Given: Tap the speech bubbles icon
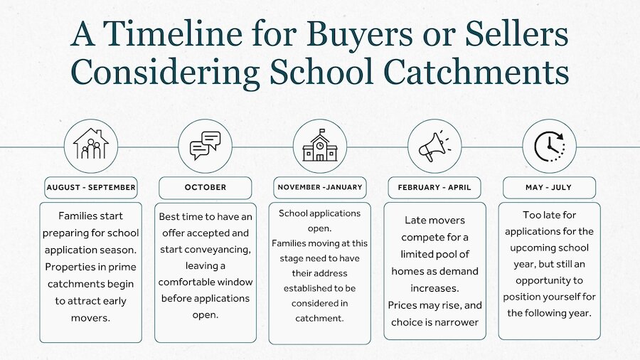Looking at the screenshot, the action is click(206, 145).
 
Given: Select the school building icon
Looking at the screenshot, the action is click(320, 145).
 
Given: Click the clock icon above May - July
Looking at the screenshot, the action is click(550, 146).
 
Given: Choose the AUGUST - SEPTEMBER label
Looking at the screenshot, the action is click(91, 187).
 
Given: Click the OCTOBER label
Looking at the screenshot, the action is click(206, 187).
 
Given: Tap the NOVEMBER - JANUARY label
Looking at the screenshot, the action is click(320, 187).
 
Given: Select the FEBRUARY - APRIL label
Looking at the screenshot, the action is click(434, 187).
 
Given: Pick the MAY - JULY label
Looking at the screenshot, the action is click(549, 187).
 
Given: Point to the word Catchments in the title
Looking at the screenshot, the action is click(476, 71).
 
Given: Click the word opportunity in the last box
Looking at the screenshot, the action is click(549, 281).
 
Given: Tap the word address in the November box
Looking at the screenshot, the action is click(331, 273).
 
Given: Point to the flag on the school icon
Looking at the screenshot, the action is click(322, 131).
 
